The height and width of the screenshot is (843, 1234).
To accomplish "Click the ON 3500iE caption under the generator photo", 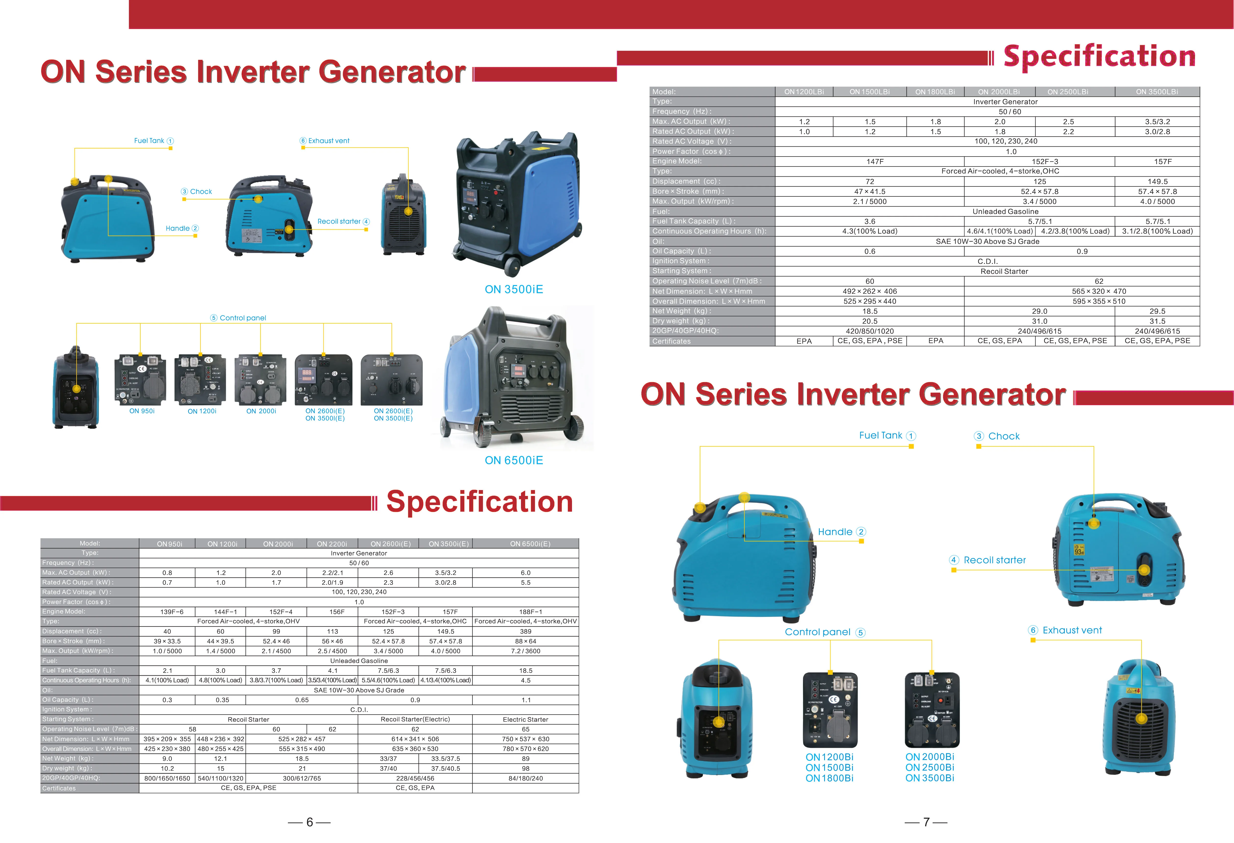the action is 513,289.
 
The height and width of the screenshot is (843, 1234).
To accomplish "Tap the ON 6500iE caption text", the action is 513,460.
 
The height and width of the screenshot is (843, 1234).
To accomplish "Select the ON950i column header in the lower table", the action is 169,544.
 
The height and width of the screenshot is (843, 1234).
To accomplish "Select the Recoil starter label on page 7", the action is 995,560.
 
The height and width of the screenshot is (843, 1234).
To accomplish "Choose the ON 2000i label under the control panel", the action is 261,411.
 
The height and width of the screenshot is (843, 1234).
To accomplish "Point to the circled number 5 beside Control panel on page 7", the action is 861,632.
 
